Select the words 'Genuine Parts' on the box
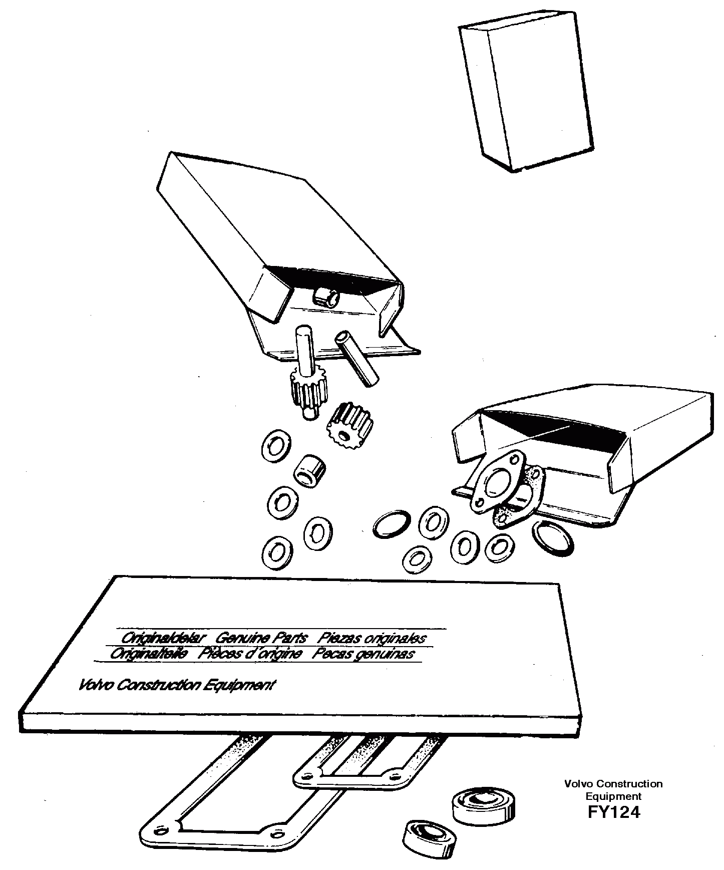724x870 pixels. tap(260, 638)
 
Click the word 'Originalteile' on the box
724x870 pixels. tap(149, 654)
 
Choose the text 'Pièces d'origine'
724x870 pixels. tap(250, 654)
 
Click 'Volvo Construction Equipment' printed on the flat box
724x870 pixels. tap(177, 685)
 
